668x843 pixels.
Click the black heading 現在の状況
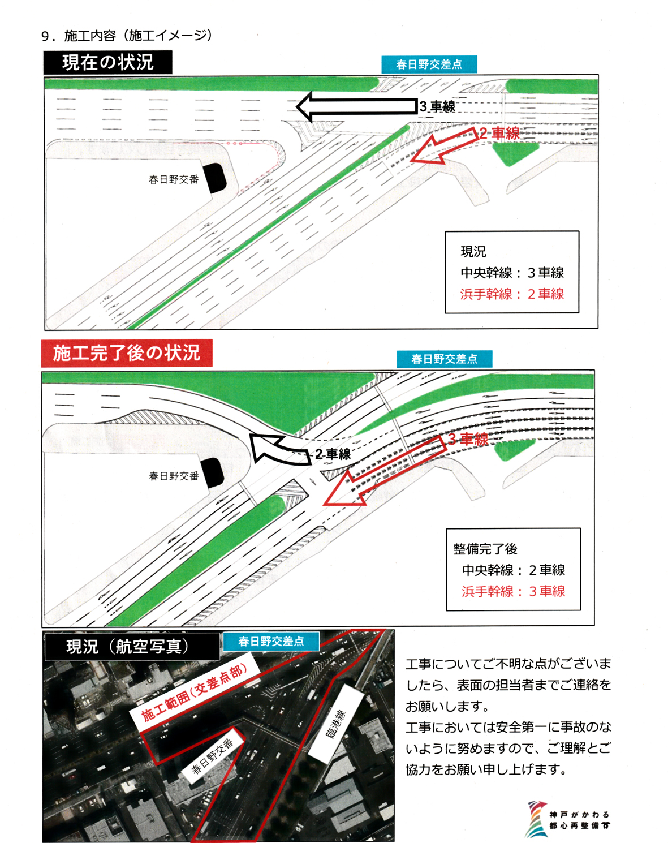[107, 62]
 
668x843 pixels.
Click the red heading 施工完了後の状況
[127, 353]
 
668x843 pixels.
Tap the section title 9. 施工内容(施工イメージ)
[127, 36]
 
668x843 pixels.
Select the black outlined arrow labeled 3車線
[356, 106]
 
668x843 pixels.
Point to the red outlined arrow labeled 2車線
[445, 146]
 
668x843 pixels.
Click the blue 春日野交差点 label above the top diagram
[429, 64]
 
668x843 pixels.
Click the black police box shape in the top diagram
[214, 178]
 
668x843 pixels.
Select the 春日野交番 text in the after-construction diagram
[174, 476]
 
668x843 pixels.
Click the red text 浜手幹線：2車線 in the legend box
[512, 294]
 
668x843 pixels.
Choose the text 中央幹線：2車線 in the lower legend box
[514, 570]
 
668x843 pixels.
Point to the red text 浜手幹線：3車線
[514, 591]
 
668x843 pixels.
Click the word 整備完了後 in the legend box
[485, 549]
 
